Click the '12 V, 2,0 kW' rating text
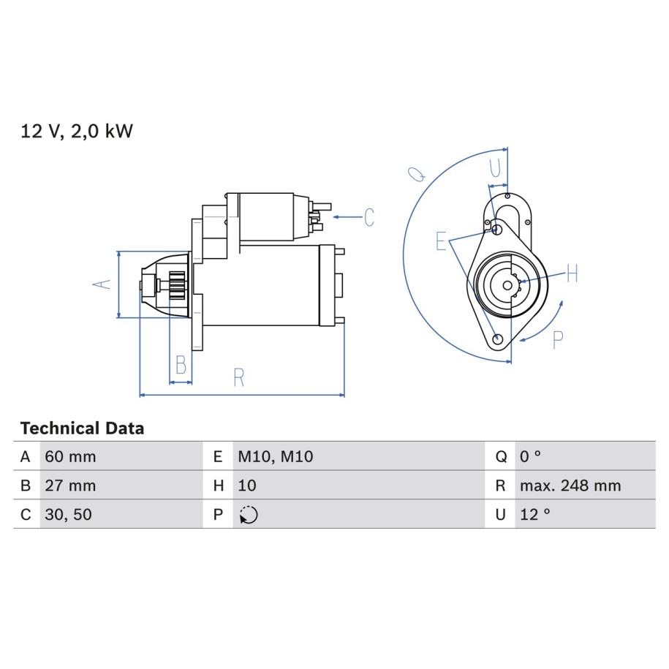(x=77, y=131)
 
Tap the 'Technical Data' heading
(x=82, y=428)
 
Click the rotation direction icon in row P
(x=249, y=515)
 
